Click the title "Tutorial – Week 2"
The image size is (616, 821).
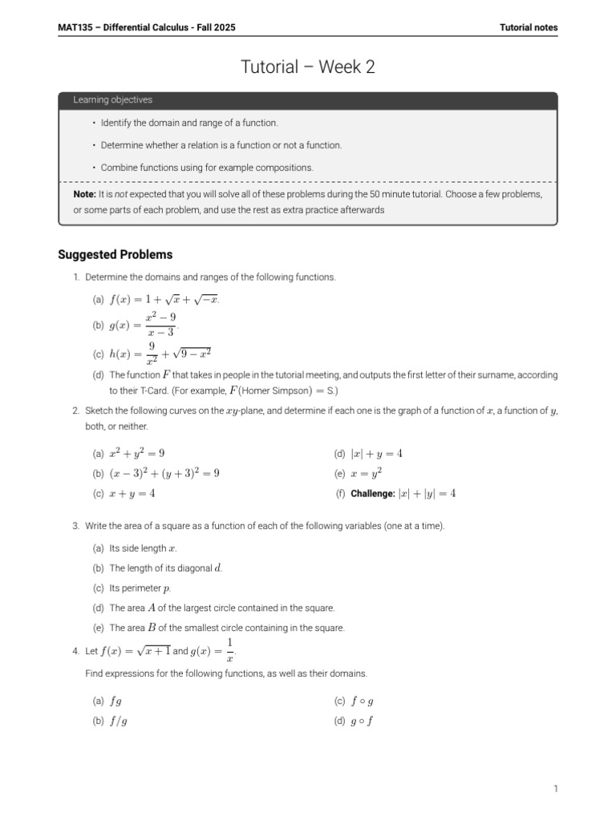tap(307, 68)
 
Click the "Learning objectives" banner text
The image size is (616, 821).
tap(112, 100)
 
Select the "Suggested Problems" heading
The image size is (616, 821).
tap(115, 255)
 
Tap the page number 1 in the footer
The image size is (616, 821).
tap(555, 789)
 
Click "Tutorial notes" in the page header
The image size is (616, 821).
tap(529, 27)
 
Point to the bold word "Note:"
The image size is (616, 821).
tap(84, 195)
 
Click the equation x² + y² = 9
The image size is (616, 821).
tap(137, 453)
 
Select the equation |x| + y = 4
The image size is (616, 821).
tap(376, 453)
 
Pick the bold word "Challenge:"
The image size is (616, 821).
tap(373, 494)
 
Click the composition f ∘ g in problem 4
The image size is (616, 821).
tap(363, 701)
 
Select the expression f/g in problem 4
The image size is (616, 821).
tap(118, 721)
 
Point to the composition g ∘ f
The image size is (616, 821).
tap(363, 721)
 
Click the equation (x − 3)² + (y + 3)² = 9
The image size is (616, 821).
tap(164, 473)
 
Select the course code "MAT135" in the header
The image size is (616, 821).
tap(75, 27)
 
